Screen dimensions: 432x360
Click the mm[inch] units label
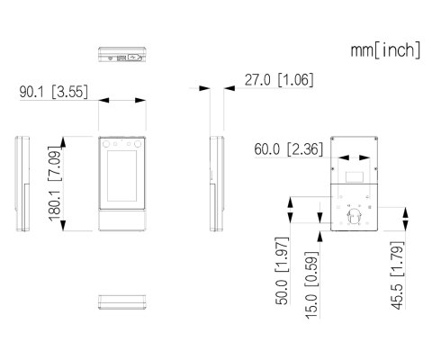[x=385, y=50]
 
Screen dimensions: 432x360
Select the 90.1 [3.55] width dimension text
[x=54, y=92]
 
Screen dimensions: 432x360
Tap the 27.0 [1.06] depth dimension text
[x=279, y=80]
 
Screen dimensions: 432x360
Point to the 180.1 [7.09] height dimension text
[x=54, y=184]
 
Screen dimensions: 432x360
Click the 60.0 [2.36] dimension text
[x=289, y=149]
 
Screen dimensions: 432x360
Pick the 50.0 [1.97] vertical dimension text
[x=282, y=271]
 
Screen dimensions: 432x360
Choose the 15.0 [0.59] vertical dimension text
[x=311, y=285]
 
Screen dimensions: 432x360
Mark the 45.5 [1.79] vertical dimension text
[x=397, y=274]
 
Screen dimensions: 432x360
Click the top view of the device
[x=122, y=54]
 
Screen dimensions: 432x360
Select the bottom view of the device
[x=122, y=302]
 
